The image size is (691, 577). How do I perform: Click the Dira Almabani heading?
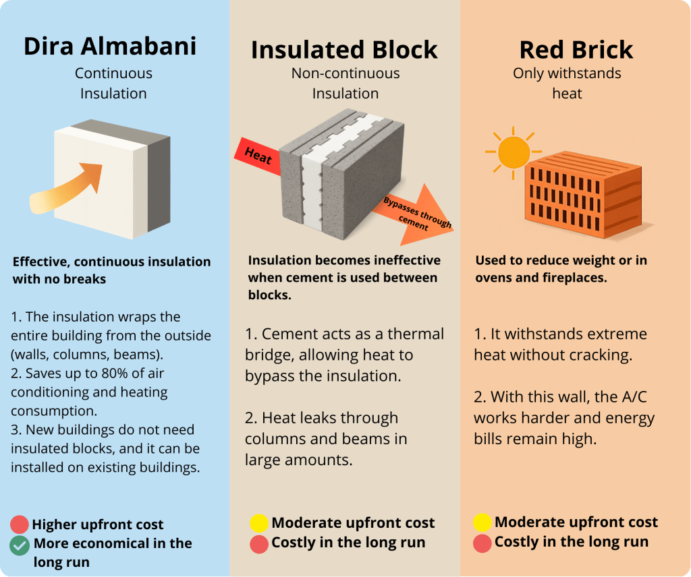[x=110, y=47]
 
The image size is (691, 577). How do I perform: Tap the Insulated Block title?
[x=344, y=50]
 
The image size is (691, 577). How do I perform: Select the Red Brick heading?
[x=576, y=50]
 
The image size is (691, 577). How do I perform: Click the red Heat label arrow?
[x=258, y=156]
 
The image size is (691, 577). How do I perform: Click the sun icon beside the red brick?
[x=514, y=152]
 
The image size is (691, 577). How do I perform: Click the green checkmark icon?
[x=20, y=545]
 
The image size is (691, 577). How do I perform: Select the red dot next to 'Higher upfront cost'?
[x=20, y=524]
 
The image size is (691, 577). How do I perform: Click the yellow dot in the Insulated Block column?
[x=259, y=523]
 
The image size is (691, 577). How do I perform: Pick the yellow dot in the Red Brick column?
[x=482, y=522]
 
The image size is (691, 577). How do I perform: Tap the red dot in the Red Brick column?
[x=482, y=543]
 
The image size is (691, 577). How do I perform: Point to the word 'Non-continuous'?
[x=345, y=73]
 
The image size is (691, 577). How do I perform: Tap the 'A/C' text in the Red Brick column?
[x=634, y=397]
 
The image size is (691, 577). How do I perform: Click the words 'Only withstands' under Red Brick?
[x=567, y=73]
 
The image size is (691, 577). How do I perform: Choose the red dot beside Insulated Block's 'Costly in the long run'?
[x=259, y=544]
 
